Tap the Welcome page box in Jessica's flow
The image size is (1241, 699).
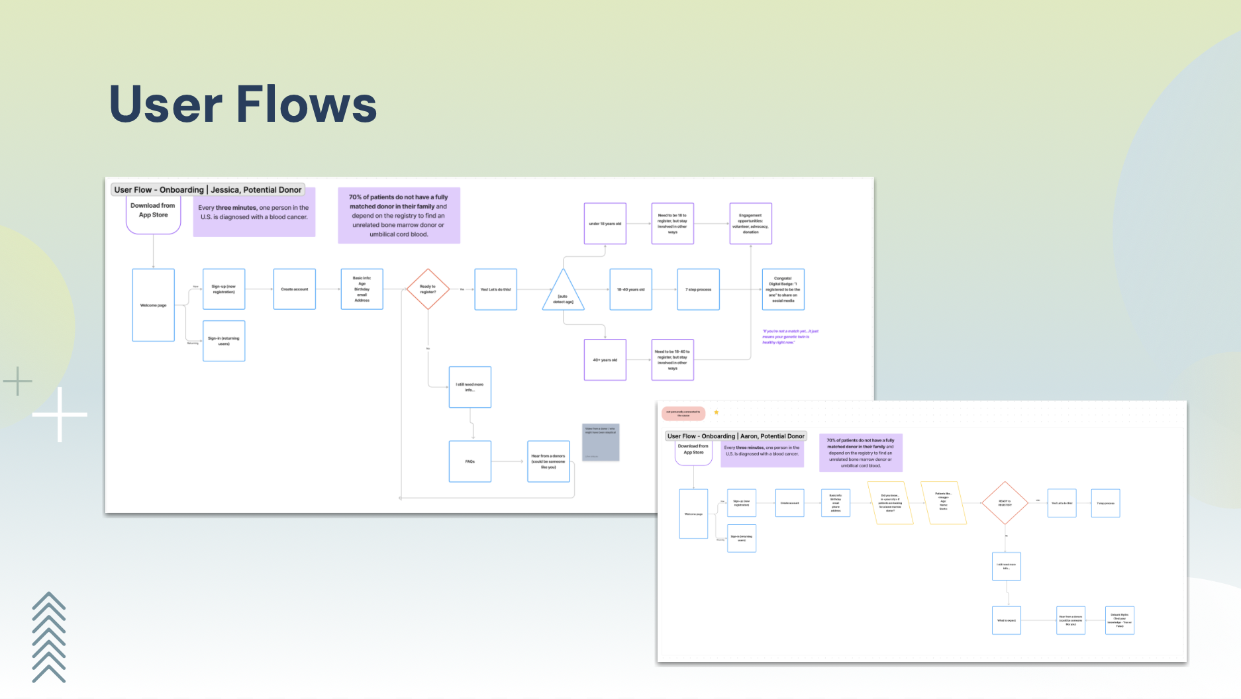pos(153,305)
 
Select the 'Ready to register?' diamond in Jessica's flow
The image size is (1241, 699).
pos(428,289)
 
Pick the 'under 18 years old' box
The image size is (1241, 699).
pos(605,224)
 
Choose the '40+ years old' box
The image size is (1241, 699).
pos(605,360)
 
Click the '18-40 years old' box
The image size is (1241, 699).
pos(630,289)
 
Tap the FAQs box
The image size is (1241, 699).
pos(470,461)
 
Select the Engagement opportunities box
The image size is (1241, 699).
pos(750,224)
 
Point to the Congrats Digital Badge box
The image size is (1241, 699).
pos(783,289)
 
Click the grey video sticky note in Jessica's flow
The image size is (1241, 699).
pos(601,442)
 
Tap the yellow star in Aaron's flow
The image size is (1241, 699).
pos(716,412)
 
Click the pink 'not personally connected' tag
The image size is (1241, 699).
pos(683,414)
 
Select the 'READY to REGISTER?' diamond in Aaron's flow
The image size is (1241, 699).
pos(1005,503)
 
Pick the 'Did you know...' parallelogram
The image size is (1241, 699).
pos(890,503)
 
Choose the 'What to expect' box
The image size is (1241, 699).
pos(1006,620)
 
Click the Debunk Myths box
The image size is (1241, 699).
pos(1119,620)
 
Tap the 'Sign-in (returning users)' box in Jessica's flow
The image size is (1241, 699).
pos(224,341)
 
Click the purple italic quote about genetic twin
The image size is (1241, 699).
pos(790,336)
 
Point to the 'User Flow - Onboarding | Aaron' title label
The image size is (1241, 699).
pos(736,436)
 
